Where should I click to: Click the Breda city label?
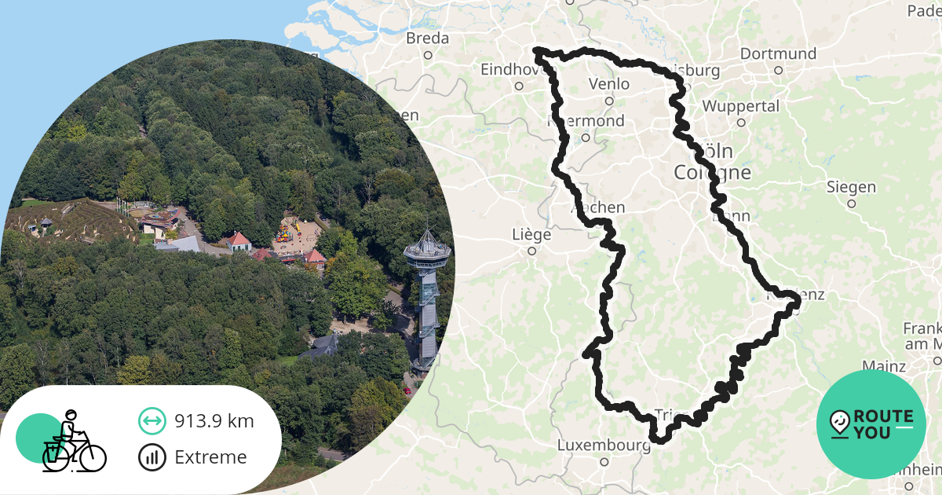point(428,38)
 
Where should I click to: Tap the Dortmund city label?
point(778,54)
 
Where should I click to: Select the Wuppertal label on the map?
point(740,106)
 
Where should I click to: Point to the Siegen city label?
point(851,187)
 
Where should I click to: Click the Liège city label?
point(531,235)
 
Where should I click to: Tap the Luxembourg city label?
point(604,445)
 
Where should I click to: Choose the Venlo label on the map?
point(608,84)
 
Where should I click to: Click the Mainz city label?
point(884,366)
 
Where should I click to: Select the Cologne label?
point(712,173)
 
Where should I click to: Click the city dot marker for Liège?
point(531,251)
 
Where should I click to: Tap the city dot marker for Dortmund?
point(778,70)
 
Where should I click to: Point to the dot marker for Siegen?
point(851,203)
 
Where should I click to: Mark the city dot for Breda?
point(428,55)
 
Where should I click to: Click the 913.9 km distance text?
point(214,421)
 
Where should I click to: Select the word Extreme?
point(210,457)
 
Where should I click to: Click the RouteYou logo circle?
point(871,424)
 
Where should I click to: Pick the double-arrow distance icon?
point(152,421)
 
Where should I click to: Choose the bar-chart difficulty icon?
point(152,457)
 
